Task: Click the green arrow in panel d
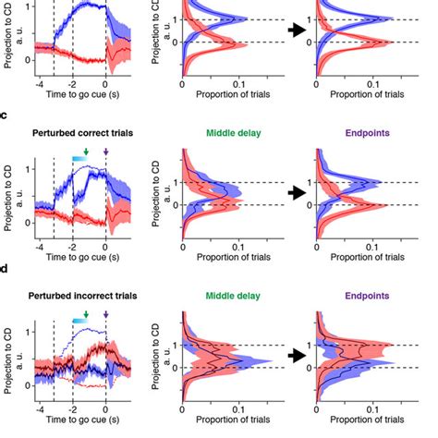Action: (86, 314)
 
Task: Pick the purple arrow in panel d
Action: (105, 314)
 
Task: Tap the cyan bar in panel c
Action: (79, 159)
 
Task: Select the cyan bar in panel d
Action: (79, 320)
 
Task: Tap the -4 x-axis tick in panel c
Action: (37, 249)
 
